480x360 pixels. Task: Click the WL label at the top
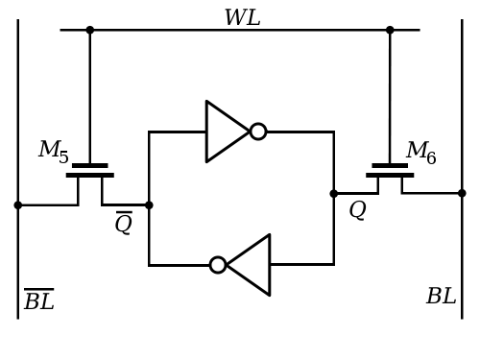243,17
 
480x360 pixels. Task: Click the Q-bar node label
124,223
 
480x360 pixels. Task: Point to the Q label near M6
357,210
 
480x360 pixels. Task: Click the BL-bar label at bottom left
39,299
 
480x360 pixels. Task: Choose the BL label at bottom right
442,296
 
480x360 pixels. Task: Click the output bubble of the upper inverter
258,132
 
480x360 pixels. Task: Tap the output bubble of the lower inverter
218,265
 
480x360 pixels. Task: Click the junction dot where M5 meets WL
90,30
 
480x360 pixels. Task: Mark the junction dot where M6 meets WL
390,30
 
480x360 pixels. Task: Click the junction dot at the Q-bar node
149,205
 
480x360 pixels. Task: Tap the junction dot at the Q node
334,194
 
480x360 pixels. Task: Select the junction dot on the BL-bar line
18,205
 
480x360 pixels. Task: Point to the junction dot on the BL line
462,193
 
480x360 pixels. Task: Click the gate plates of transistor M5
90,171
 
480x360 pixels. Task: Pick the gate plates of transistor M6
390,171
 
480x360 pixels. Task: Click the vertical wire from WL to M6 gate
390,97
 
